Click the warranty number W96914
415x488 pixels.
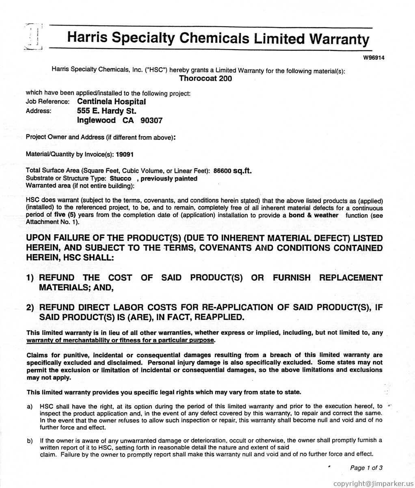pyautogui.click(x=374, y=57)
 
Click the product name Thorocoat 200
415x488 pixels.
pyautogui.click(x=205, y=78)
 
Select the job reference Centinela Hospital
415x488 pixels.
pyautogui.click(x=111, y=101)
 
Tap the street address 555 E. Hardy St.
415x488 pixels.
pyautogui.click(x=107, y=111)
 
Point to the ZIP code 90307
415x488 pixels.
pyautogui.click(x=151, y=120)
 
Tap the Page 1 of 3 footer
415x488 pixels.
pyautogui.click(x=366, y=468)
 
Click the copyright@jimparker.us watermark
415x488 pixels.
pyautogui.click(x=372, y=483)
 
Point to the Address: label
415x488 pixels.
pyautogui.click(x=39, y=111)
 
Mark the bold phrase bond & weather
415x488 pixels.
pyautogui.click(x=313, y=215)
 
